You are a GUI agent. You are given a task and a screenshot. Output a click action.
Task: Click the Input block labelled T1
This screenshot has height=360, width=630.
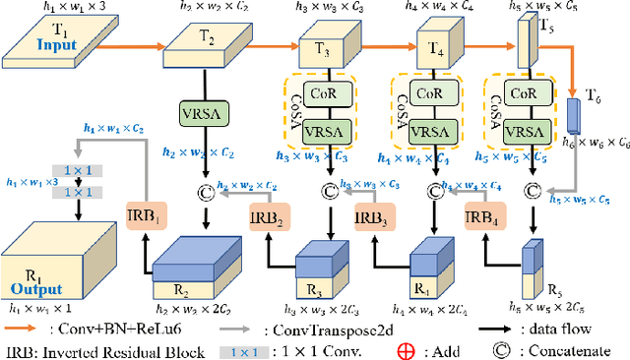coord(46,38)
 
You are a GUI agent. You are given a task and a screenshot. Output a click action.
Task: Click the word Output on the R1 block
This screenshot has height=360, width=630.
coord(36,289)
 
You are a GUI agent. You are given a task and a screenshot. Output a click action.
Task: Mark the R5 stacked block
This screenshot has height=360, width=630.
coord(532,267)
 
